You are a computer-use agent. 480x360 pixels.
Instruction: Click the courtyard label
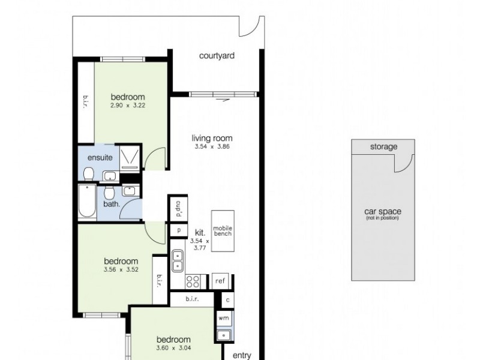(217, 56)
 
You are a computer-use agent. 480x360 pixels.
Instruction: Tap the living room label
(212, 137)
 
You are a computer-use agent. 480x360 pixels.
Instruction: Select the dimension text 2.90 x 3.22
(128, 106)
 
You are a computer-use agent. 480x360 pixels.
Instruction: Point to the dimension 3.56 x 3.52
(121, 269)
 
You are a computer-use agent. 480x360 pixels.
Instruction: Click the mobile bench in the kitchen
(223, 232)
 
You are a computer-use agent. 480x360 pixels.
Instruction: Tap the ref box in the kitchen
(220, 280)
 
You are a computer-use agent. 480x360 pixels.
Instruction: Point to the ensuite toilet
(88, 174)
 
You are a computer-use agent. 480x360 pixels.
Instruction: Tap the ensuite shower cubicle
(130, 158)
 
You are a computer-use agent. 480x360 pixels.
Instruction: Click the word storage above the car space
(383, 146)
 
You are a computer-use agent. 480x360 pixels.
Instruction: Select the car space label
(383, 212)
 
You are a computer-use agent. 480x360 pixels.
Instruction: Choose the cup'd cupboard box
(178, 209)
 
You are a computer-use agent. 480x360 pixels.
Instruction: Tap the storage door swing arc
(404, 161)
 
